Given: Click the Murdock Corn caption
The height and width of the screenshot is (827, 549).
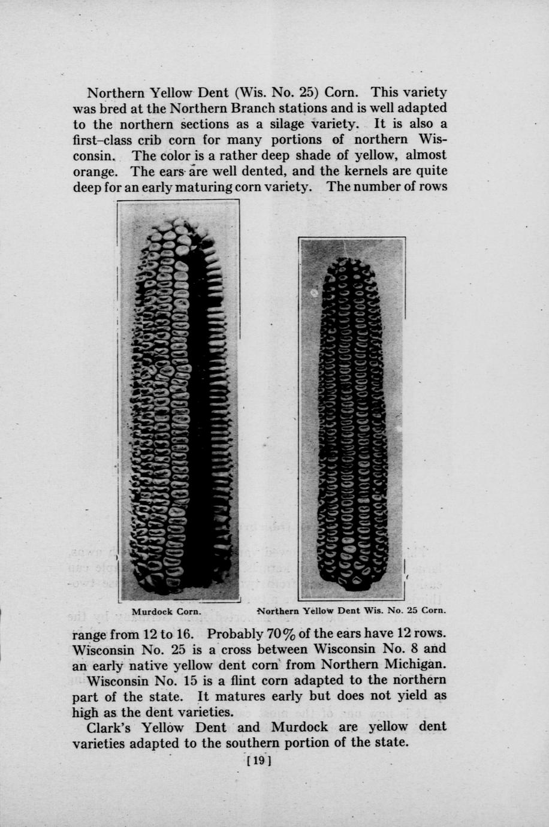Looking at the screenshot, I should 165,612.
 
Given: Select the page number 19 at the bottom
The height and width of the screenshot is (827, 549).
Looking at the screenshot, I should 259,762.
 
